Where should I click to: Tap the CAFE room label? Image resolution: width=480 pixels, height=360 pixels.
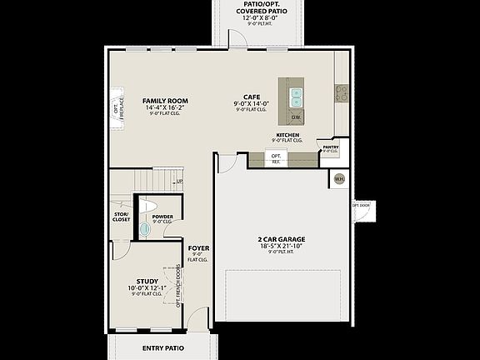pyautogui.click(x=251, y=96)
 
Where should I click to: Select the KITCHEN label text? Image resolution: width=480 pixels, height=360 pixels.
pyautogui.click(x=287, y=135)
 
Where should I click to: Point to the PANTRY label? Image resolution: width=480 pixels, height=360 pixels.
pyautogui.click(x=330, y=147)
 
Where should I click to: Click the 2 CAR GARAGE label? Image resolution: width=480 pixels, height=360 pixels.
pyautogui.click(x=281, y=239)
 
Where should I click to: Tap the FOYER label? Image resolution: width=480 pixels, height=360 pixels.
pyautogui.click(x=197, y=247)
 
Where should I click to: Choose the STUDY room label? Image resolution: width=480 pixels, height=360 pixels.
pyautogui.click(x=146, y=281)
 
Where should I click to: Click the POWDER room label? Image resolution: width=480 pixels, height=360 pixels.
pyautogui.click(x=162, y=217)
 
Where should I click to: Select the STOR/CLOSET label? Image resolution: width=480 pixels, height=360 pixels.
pyautogui.click(x=122, y=217)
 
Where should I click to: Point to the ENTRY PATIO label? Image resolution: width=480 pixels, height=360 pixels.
pyautogui.click(x=162, y=347)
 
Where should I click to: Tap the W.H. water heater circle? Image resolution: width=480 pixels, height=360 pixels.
pyautogui.click(x=339, y=178)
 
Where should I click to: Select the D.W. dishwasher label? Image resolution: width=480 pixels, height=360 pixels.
pyautogui.click(x=296, y=117)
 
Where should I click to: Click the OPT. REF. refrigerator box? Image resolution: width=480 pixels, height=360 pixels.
pyautogui.click(x=276, y=157)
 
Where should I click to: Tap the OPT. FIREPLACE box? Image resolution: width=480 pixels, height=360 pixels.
pyautogui.click(x=117, y=108)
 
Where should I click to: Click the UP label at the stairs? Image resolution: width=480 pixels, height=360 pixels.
pyautogui.click(x=179, y=181)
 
